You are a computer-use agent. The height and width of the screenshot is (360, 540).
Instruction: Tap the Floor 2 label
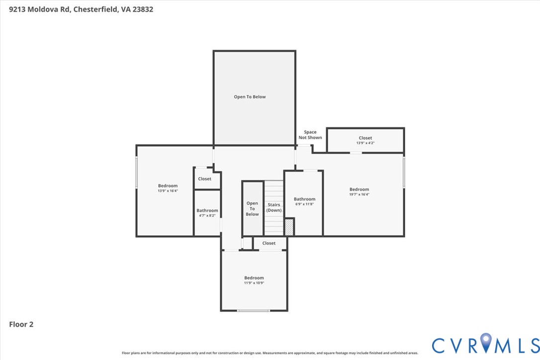[21, 324]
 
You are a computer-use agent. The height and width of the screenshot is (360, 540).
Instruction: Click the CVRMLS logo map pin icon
[486, 344]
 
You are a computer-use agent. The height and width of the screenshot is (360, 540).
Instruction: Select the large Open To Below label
[250, 97]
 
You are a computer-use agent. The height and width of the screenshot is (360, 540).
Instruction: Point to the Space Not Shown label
[310, 135]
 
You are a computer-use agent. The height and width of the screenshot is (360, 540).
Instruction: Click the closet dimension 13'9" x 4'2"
[365, 143]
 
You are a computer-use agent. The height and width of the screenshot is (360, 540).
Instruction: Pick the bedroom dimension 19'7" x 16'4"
[359, 194]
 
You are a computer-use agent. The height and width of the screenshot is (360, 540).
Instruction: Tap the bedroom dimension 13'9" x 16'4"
[168, 191]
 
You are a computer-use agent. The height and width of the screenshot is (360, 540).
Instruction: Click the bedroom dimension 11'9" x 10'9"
[254, 283]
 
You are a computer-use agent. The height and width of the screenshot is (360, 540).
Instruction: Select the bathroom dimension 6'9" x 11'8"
[304, 204]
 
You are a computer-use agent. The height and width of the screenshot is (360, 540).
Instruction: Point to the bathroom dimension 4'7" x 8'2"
[207, 216]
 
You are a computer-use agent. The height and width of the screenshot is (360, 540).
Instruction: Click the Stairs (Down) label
[273, 207]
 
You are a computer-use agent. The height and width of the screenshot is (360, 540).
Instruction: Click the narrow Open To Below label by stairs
[252, 208]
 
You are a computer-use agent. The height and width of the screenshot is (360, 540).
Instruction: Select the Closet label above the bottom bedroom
[269, 243]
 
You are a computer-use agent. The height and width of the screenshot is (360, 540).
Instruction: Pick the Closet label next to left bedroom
[204, 179]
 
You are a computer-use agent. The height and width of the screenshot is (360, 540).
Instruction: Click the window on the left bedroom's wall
[137, 173]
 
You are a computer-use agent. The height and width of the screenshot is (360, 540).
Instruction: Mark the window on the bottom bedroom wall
[253, 311]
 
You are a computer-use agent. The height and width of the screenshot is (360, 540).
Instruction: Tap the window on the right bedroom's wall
[404, 172]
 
